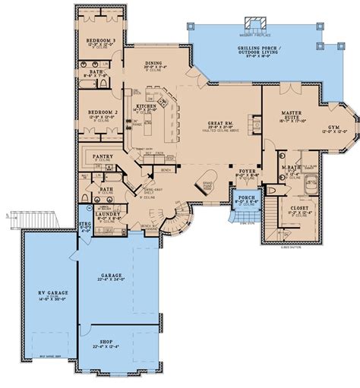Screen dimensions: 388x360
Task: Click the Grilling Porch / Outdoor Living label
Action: coord(258,51)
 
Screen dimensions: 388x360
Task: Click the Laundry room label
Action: coord(107,214)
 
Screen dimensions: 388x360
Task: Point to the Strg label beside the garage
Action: coord(85,226)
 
